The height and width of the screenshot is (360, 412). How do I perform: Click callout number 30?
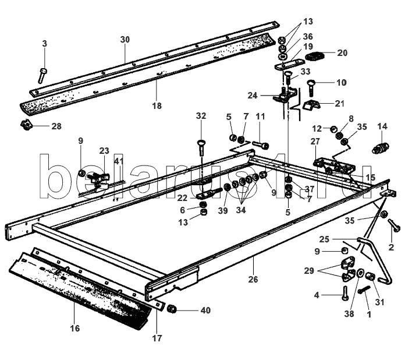(x=125, y=40)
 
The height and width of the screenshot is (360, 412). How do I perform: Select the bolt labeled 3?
(x=42, y=74)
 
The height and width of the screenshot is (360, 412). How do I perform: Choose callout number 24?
(x=252, y=95)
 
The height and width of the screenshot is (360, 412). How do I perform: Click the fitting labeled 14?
(x=382, y=150)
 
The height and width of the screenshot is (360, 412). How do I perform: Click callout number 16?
(x=74, y=329)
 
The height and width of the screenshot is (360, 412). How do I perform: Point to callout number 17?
(x=157, y=338)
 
